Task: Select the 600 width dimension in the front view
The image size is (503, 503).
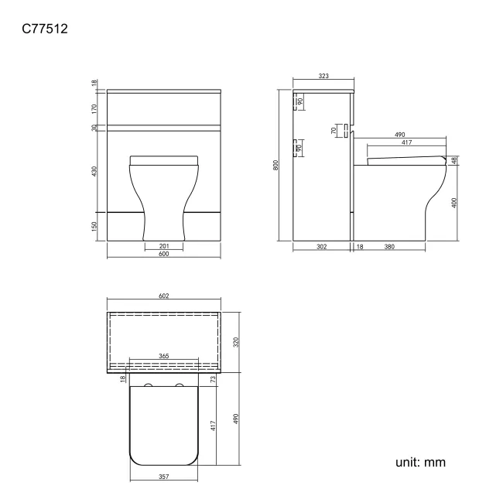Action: tap(163, 255)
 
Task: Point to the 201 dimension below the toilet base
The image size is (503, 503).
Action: tap(163, 245)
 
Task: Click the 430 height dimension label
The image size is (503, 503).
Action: tap(94, 170)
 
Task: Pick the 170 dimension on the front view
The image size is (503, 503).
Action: tap(94, 109)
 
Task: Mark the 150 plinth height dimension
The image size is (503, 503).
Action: tap(94, 226)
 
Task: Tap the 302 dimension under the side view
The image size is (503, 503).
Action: tap(322, 247)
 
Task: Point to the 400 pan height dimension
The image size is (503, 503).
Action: tap(456, 202)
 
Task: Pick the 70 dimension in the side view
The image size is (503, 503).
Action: tap(334, 130)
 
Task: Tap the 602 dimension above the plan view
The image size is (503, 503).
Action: tap(163, 296)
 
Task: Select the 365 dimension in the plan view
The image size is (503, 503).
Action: tap(163, 357)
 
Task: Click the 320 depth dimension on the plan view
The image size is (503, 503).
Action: tap(236, 341)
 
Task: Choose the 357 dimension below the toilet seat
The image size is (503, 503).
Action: tap(163, 477)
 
